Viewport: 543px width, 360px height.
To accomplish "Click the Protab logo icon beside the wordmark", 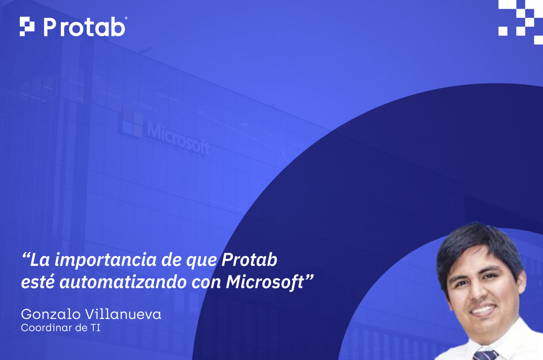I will (x=27, y=26).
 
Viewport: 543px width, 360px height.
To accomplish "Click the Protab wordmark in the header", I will (x=84, y=27).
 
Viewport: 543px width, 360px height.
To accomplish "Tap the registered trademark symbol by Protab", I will (x=126, y=18).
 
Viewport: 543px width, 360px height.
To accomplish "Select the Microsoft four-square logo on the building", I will (x=133, y=123).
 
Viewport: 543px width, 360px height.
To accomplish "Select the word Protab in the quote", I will (x=249, y=260).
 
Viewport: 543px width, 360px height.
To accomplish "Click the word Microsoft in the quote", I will (x=265, y=282).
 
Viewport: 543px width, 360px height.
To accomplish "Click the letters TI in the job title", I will (x=95, y=328).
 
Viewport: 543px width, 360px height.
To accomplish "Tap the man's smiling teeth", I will (x=483, y=311).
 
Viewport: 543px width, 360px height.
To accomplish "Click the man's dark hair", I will (x=477, y=240).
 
